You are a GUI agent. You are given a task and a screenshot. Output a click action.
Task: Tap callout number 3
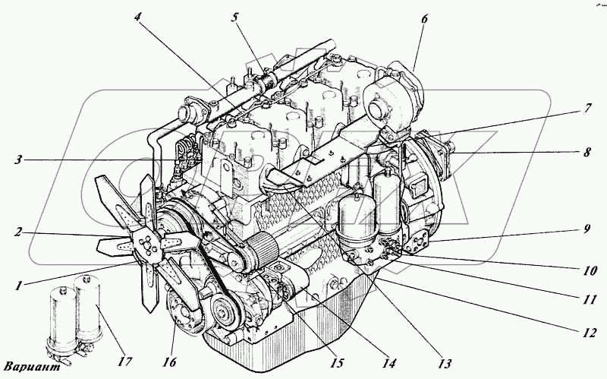point(16,160)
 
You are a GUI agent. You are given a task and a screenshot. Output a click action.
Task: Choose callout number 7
point(587,109)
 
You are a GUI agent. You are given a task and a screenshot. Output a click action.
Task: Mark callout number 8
point(587,152)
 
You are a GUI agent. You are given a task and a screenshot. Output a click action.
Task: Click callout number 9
point(587,227)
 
